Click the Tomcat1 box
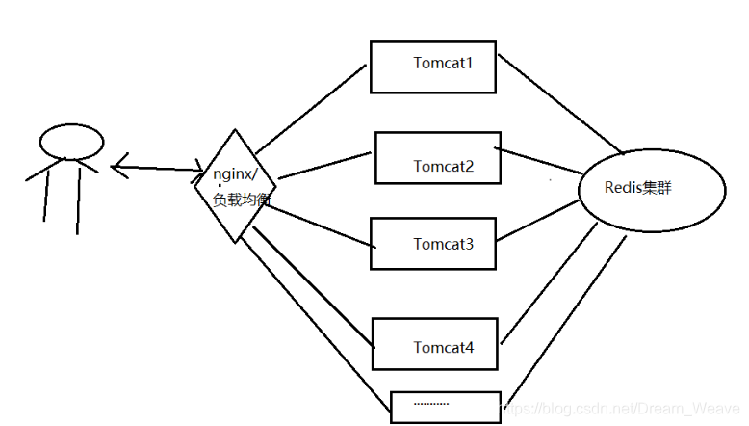click(433, 67)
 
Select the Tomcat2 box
click(437, 157)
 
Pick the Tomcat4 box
click(435, 342)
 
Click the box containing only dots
click(446, 406)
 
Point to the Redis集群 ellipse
click(651, 188)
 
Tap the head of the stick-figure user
click(71, 141)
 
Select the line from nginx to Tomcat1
click(310, 108)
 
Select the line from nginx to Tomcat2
click(323, 165)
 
